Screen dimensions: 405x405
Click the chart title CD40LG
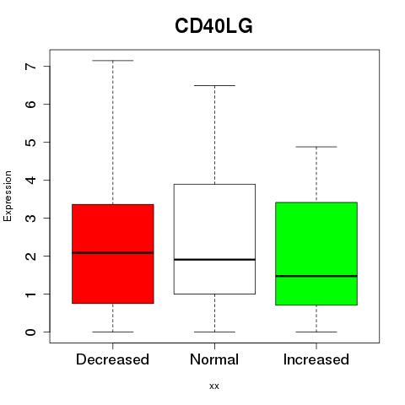[213, 26]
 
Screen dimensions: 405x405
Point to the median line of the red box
[113, 252]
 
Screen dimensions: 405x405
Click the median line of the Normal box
[214, 259]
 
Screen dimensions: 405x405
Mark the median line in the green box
[316, 276]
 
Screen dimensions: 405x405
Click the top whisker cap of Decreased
[113, 61]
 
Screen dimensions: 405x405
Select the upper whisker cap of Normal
[214, 85]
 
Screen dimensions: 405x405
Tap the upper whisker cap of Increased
[316, 147]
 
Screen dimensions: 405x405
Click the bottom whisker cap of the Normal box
[214, 332]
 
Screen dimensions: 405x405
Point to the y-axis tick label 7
[31, 67]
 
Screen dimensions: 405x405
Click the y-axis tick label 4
[31, 180]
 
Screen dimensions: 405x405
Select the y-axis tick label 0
[31, 332]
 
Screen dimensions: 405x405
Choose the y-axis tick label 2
[31, 256]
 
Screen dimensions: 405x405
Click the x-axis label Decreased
[112, 359]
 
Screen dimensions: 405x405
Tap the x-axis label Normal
[214, 359]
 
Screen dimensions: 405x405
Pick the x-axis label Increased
[316, 359]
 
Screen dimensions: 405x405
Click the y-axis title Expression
[8, 196]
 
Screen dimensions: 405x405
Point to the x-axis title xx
[214, 386]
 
